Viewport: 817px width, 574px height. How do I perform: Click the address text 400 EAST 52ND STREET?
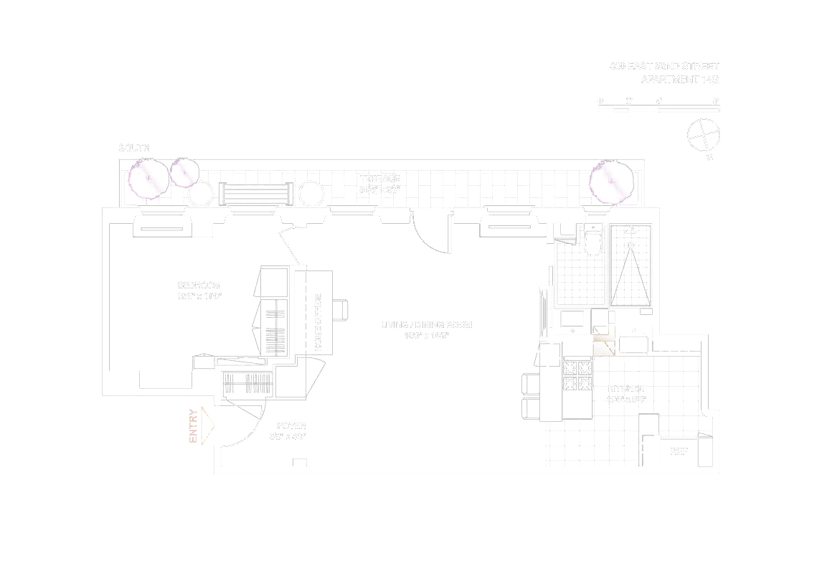[x=663, y=66]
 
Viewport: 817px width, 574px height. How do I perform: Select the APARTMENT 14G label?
[x=679, y=80]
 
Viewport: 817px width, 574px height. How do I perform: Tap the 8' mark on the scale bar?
[x=716, y=100]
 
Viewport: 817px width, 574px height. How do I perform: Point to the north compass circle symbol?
[x=702, y=135]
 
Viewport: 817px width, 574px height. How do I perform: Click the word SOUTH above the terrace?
[x=134, y=148]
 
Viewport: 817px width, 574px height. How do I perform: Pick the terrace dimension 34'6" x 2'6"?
[x=379, y=190]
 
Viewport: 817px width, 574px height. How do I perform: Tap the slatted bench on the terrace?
[x=256, y=194]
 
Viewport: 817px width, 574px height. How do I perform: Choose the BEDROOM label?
[x=199, y=285]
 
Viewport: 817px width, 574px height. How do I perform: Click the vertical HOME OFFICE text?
[x=318, y=322]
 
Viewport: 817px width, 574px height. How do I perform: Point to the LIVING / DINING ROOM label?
[x=426, y=325]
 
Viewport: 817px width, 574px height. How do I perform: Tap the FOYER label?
[x=286, y=425]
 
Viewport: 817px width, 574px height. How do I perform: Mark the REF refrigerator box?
[x=679, y=452]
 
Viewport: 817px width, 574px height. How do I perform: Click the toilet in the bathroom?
[x=593, y=241]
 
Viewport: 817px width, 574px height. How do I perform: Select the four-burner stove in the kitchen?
[x=577, y=375]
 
